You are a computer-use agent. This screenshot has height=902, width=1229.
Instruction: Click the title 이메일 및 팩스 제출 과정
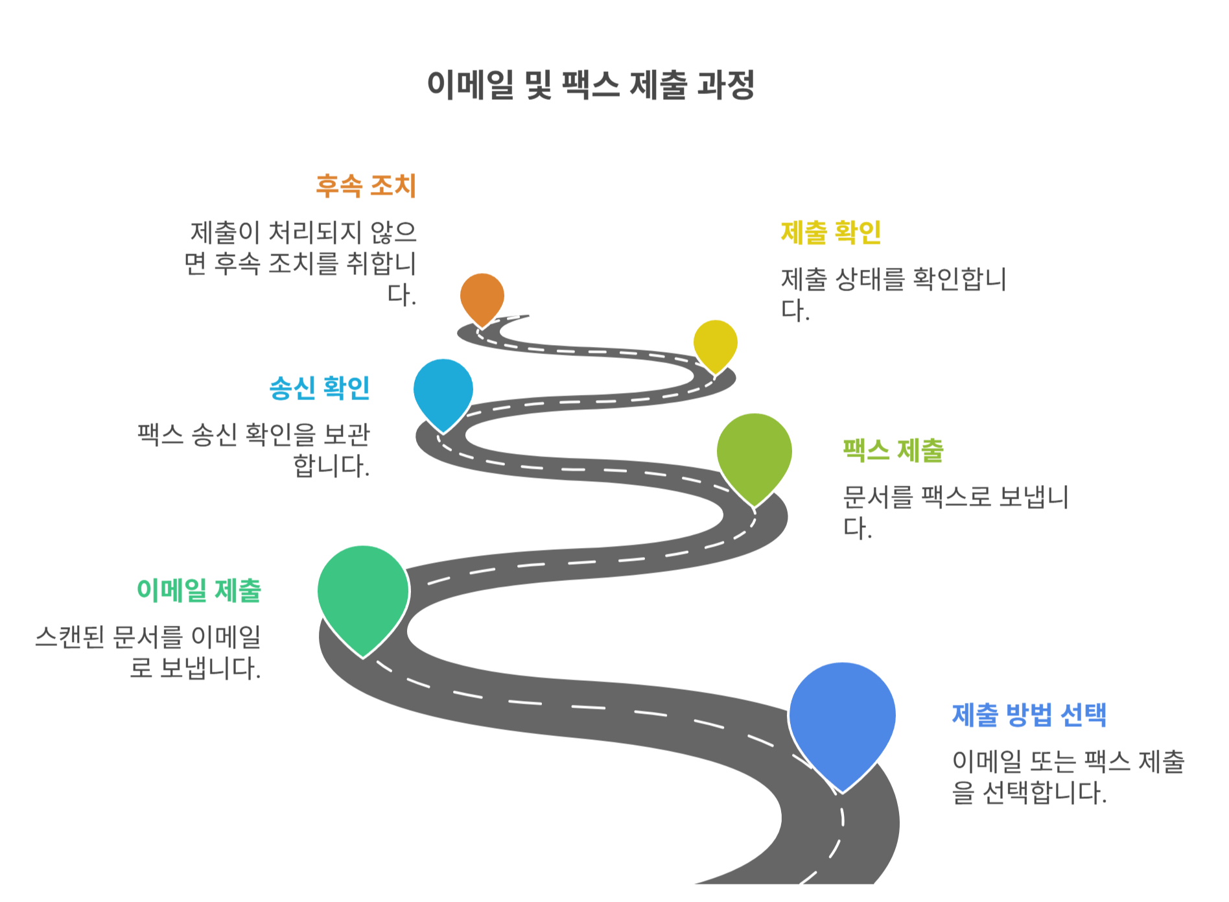click(x=591, y=85)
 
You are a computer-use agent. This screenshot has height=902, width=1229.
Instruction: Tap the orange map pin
click(x=482, y=296)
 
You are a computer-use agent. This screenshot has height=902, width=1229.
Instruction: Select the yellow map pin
click(x=715, y=343)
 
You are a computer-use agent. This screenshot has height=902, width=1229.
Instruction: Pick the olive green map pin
click(x=754, y=453)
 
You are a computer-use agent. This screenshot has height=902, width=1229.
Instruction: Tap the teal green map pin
click(x=363, y=593)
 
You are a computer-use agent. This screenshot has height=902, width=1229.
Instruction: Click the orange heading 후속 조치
click(x=366, y=186)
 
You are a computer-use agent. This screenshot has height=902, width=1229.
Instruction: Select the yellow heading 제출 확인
click(x=831, y=233)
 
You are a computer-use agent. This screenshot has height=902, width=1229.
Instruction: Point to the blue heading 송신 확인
click(x=320, y=388)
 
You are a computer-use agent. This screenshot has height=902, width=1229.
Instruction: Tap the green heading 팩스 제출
click(x=893, y=451)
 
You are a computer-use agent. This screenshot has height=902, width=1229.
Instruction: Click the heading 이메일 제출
click(x=199, y=591)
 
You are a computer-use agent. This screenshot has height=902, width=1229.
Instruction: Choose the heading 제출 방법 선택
click(x=1029, y=715)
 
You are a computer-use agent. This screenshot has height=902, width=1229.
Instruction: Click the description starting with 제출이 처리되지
click(x=301, y=263)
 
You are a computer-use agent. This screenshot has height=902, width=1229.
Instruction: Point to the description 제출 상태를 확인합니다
click(x=893, y=294)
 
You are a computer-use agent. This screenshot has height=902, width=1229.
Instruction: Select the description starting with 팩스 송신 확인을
click(x=254, y=449)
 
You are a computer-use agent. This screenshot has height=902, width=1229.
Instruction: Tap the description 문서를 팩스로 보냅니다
click(x=955, y=512)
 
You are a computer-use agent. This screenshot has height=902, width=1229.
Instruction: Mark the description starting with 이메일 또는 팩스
click(x=1068, y=777)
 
